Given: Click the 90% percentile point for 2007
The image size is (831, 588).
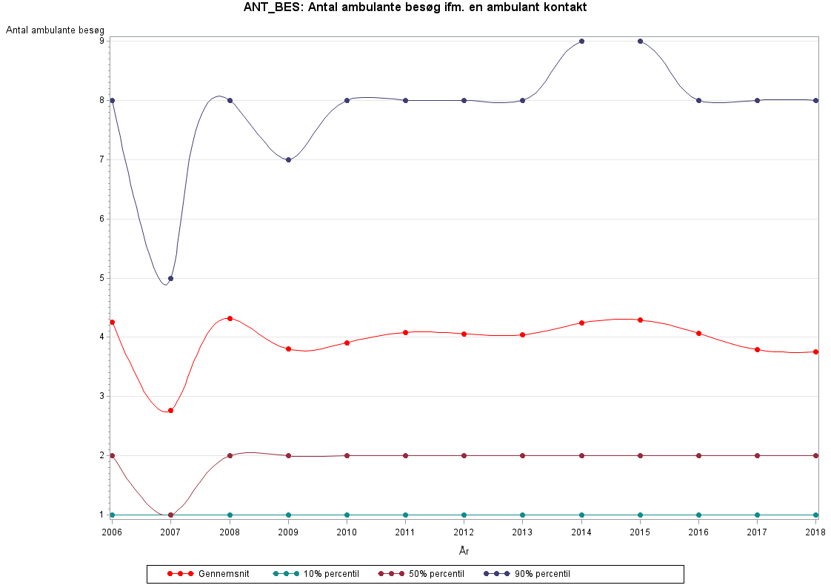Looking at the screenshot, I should pos(170,278).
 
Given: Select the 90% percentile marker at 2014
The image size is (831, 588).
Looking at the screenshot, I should pos(581,41).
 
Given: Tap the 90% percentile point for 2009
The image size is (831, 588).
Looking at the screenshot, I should pos(288,159).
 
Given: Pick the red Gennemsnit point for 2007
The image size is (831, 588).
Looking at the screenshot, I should pos(170,410).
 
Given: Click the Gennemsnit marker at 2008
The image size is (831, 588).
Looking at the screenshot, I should pos(230,318).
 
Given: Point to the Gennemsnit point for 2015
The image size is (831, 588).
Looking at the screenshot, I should pos(640,320).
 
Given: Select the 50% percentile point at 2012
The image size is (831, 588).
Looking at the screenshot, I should pos(464,455).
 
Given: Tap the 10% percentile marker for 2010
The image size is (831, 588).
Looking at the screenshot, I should pos(347,515).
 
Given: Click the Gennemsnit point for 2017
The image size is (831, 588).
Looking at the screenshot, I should pos(757,349).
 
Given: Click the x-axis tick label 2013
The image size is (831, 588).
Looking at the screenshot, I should pos(523,531).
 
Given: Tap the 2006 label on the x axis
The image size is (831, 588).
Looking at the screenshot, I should pos(112,531).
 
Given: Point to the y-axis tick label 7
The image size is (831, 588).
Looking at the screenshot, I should pos(101,159).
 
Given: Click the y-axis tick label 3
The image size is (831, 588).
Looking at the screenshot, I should pos(101,396).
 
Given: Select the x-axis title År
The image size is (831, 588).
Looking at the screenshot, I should pos(464,550).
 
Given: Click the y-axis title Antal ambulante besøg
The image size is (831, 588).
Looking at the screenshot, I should pos(55,30).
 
